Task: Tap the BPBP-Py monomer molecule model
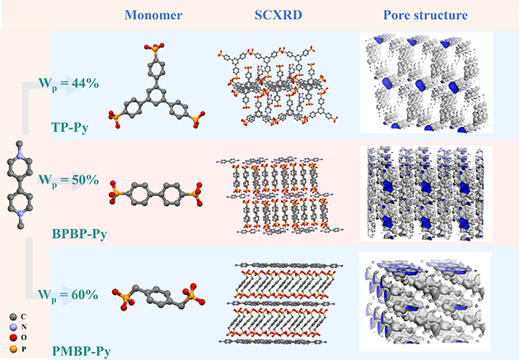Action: tap(155, 196)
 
